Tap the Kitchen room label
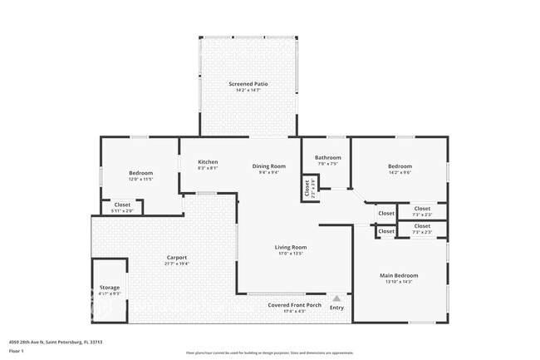coord(208,161)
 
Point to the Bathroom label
coord(328,157)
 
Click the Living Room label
coord(292,247)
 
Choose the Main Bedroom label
coord(399,275)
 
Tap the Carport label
coord(177,258)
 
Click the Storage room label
coord(110,288)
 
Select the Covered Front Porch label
coord(293,305)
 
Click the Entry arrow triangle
coord(336,298)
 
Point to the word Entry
coord(336,308)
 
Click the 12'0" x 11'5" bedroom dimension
coord(140,179)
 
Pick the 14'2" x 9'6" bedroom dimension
coord(400,173)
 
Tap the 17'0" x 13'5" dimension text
coord(292,254)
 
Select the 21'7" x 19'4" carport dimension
coord(177,264)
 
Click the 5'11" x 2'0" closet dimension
coord(122,210)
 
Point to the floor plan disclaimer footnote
coord(269,353)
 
